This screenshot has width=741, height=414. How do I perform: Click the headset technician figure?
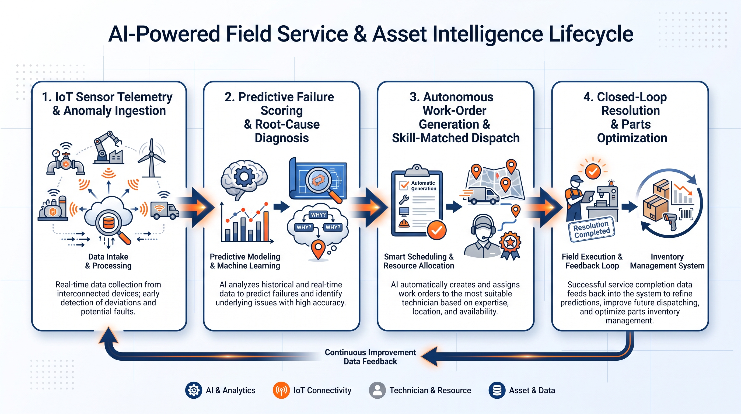(483, 236)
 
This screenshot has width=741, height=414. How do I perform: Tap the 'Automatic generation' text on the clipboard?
(424, 186)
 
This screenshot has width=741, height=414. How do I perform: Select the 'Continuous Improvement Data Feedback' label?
(370, 357)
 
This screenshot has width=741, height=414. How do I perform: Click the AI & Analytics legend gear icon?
(194, 390)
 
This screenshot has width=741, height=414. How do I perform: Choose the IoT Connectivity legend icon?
(281, 390)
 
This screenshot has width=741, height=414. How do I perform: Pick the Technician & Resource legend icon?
(377, 390)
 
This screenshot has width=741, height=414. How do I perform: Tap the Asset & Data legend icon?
(497, 390)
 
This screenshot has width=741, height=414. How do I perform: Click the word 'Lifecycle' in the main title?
(591, 34)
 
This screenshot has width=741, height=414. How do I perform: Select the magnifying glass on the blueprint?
(322, 184)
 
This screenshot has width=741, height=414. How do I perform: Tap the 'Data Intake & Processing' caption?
(109, 261)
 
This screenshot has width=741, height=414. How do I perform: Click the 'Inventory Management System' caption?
(667, 261)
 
